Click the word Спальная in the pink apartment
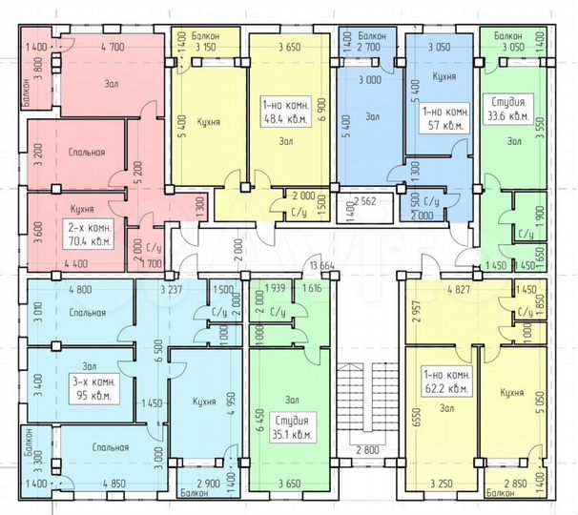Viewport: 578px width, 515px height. click(x=87, y=152)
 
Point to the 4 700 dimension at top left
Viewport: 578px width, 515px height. click(x=113, y=47)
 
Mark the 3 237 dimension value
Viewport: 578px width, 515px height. click(x=172, y=290)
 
